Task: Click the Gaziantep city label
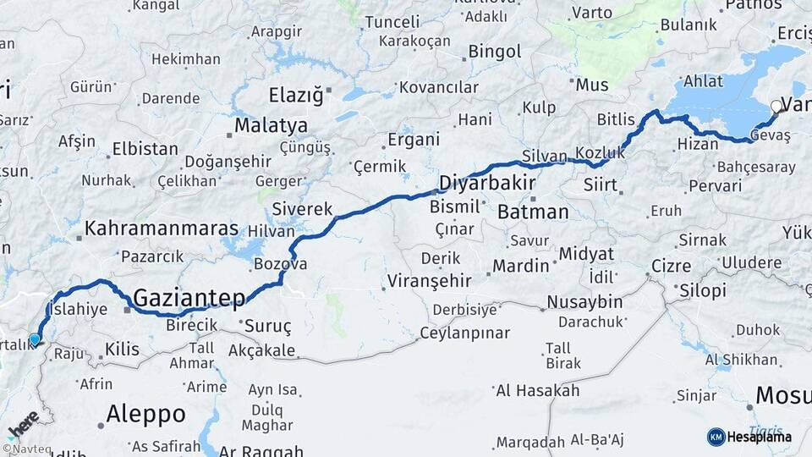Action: click(189, 297)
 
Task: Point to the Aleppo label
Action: click(145, 414)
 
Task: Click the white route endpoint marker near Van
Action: click(776, 107)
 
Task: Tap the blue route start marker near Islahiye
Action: click(35, 339)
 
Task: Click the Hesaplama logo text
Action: click(758, 437)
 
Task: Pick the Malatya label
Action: click(271, 126)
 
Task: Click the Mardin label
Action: click(520, 266)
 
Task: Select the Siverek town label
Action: click(301, 208)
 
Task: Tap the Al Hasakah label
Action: click(537, 390)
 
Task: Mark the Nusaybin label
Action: click(584, 302)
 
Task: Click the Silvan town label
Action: click(545, 156)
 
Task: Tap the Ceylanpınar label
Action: click(464, 333)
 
